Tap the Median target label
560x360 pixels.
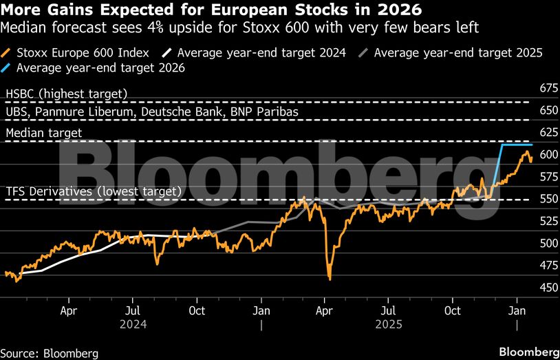(x=44, y=132)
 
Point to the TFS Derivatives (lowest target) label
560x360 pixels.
(x=94, y=191)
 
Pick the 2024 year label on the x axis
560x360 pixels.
(x=133, y=321)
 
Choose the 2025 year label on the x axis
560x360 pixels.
(x=388, y=321)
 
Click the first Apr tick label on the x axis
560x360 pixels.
(x=69, y=310)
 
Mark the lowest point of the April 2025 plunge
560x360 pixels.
(x=330, y=278)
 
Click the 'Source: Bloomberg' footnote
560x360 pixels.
(x=50, y=353)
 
